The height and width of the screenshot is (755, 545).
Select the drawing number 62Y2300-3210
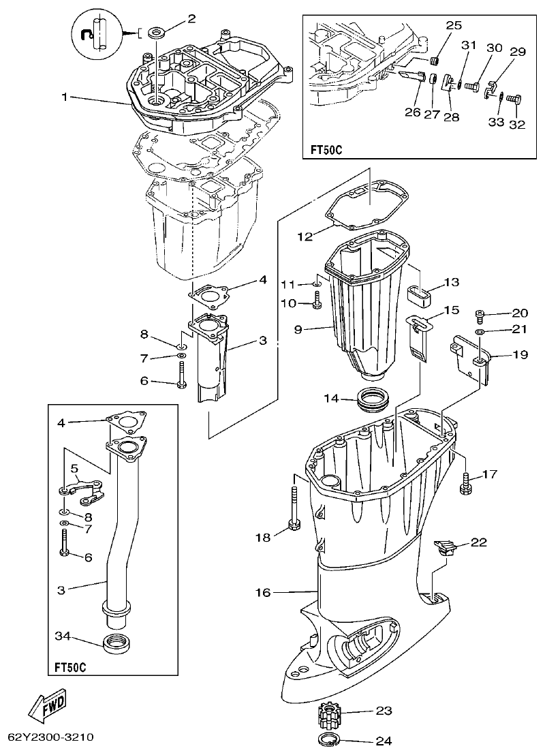point(50,738)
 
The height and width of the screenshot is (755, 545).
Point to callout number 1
point(65,97)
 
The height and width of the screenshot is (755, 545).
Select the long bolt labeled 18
point(294,507)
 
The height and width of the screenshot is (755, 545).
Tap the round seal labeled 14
point(373,398)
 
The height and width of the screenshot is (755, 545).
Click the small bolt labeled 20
point(481,315)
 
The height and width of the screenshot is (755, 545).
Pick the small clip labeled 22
point(444,546)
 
